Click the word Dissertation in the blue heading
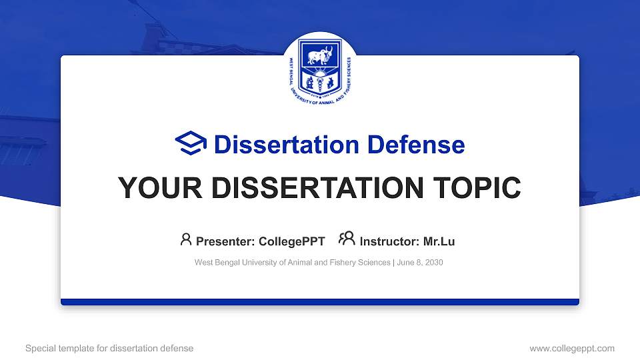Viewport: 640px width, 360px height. [x=278, y=145]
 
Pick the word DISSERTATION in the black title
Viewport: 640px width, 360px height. [x=313, y=188]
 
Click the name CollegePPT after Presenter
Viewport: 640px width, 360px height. [x=291, y=241]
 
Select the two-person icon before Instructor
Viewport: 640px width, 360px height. [x=347, y=239]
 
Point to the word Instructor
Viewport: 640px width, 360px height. [x=389, y=241]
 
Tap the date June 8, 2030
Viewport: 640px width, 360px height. [x=419, y=263]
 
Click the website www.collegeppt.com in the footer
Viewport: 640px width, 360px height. [x=572, y=348]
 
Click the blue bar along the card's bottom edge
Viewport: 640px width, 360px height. [x=320, y=302]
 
